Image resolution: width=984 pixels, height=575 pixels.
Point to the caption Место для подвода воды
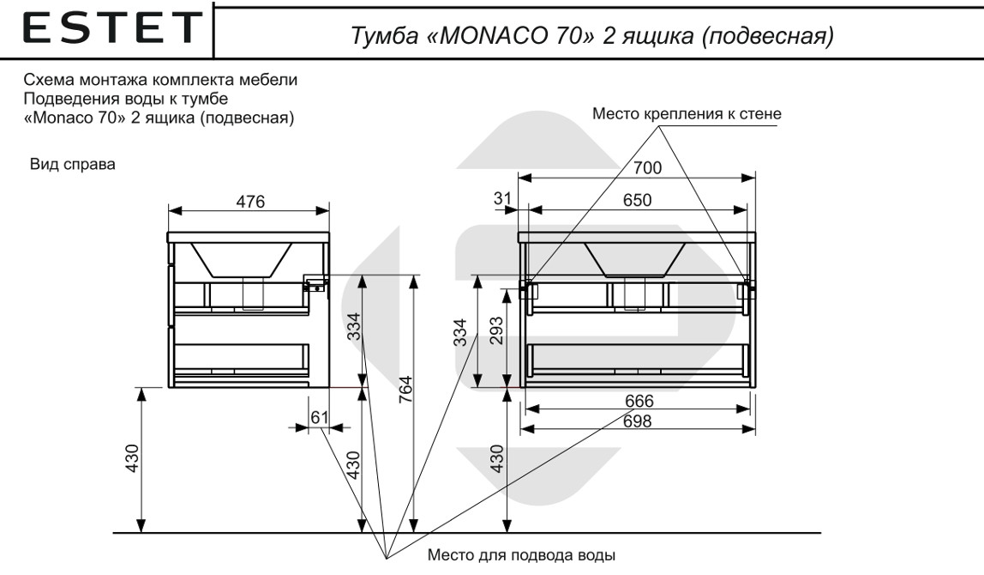(x=520, y=554)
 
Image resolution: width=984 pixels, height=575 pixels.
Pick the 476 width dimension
(x=249, y=201)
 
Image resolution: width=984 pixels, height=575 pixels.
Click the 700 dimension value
(x=647, y=168)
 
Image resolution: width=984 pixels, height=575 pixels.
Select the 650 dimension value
(x=637, y=200)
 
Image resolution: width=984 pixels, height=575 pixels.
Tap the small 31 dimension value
(x=502, y=199)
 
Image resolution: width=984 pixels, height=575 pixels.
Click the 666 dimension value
(x=639, y=402)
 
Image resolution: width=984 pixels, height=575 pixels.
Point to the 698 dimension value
(x=639, y=421)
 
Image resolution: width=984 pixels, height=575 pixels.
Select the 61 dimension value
(x=319, y=417)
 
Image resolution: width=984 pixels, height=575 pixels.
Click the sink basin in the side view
(x=242, y=259)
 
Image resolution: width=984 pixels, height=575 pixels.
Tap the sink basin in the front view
(x=635, y=258)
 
